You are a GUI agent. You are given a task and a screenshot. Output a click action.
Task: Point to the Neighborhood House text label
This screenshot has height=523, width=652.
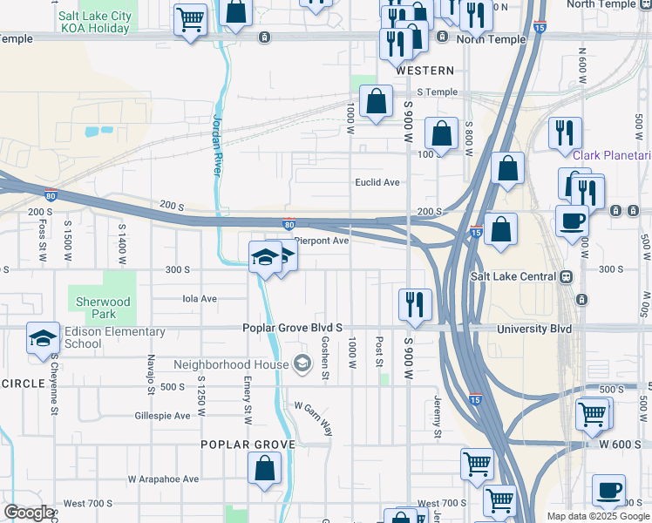[x=231, y=363]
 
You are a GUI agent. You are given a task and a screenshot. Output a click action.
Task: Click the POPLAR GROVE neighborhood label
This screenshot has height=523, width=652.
[x=248, y=444]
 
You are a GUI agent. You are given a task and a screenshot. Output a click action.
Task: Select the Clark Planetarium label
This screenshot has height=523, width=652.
[x=612, y=155]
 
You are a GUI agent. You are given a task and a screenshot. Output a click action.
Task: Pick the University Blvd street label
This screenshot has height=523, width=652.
[x=534, y=329]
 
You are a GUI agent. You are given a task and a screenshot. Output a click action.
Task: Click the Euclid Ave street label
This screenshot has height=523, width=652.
[x=377, y=182]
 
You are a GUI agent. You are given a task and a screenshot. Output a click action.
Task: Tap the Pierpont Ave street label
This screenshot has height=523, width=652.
[x=321, y=240]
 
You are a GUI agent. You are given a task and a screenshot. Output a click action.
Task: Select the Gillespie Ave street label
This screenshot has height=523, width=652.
[x=162, y=416]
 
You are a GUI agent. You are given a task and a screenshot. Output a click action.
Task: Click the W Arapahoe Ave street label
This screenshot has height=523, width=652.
[x=163, y=479]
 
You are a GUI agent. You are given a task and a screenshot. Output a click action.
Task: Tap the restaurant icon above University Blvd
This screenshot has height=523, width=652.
[x=414, y=305]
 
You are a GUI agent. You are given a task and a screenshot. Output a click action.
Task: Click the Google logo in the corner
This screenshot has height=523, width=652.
[x=29, y=513]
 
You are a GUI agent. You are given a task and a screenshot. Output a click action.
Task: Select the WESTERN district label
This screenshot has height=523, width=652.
[x=424, y=70]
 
